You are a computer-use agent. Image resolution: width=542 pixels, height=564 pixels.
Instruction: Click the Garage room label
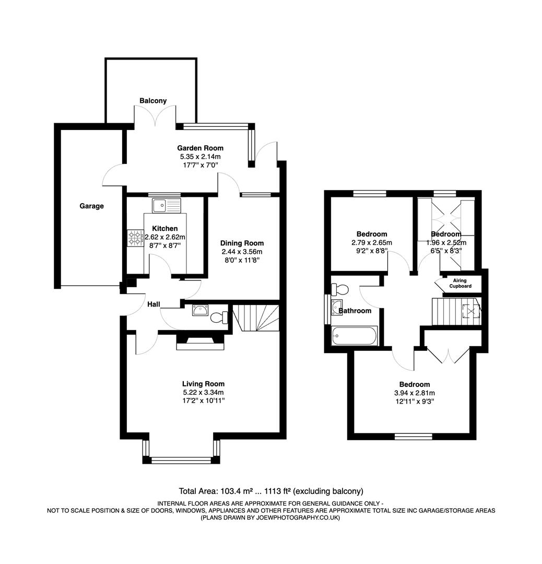coord(91,206)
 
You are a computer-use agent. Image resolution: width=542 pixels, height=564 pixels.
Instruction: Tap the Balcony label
coord(153,100)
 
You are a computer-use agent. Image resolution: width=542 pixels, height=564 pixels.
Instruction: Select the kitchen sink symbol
coord(166,205)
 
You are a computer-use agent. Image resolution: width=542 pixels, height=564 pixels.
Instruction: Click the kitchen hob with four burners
coord(135,238)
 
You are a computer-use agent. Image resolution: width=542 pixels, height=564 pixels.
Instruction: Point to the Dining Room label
coord(242,243)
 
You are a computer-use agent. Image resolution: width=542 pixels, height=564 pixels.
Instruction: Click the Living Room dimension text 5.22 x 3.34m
coord(203,392)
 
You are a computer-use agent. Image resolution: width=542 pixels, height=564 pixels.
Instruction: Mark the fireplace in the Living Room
coord(201,342)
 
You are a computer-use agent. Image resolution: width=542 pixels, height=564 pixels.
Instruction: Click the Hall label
coord(153,304)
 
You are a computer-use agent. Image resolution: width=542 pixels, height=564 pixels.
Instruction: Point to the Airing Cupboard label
coord(460,283)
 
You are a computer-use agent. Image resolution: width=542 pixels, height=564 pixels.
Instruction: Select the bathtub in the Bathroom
coord(354,335)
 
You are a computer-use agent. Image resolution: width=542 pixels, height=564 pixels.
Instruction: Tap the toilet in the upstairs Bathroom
coord(340,289)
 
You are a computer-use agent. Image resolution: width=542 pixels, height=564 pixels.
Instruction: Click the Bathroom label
coord(355,311)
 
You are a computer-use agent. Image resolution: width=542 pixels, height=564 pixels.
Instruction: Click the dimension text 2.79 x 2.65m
coord(372,242)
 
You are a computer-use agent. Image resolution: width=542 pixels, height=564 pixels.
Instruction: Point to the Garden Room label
coord(200,148)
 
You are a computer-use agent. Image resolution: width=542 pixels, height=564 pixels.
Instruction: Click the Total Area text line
coord(271,491)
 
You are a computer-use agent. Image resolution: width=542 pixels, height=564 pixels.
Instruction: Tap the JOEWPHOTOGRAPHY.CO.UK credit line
coord(271,518)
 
